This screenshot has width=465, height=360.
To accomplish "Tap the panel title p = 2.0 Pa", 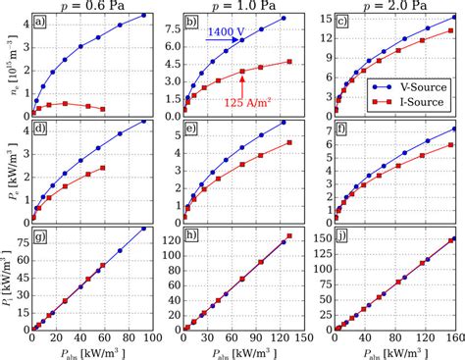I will (x=392, y=6).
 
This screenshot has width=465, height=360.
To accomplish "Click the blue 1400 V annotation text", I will (x=228, y=32).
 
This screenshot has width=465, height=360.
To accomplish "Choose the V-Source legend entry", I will (x=411, y=86).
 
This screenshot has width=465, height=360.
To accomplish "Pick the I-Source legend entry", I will (x=411, y=101).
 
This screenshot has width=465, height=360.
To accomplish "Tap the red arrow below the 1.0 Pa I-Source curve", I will (x=242, y=83).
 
